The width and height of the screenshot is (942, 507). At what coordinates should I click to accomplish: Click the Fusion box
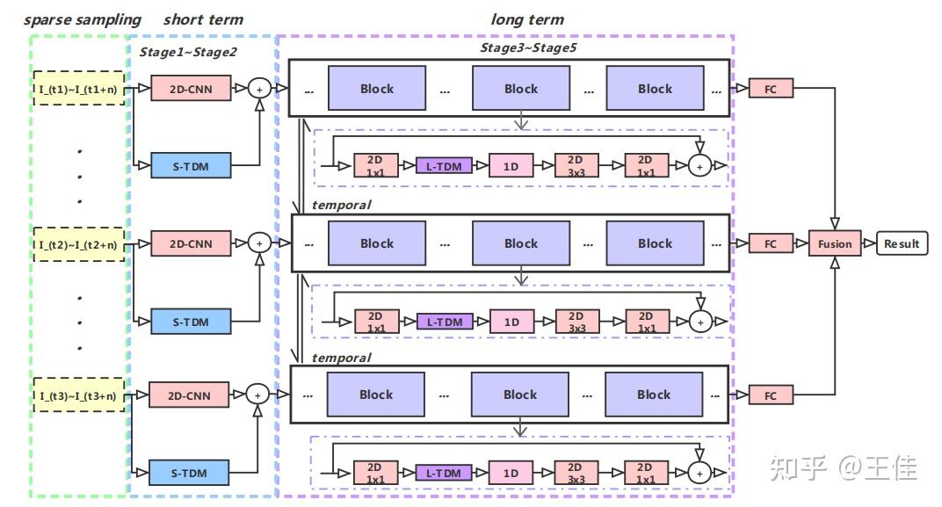834,243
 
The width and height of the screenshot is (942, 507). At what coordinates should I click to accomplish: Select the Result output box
901,243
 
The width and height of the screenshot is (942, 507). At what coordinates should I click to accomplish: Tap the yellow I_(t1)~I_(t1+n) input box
80,88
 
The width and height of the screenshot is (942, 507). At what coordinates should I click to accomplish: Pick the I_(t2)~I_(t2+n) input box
80,243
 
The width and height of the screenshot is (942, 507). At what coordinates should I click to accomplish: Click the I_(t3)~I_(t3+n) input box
80,395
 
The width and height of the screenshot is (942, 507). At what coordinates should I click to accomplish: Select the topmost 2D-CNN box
191,88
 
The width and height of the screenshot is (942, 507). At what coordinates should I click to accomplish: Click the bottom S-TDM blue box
191,473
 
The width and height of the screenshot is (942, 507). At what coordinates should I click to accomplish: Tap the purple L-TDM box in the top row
444,165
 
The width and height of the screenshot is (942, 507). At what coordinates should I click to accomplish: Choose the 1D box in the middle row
511,322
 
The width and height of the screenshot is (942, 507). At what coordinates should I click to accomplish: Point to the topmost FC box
770,88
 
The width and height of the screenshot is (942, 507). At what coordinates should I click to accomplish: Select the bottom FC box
770,395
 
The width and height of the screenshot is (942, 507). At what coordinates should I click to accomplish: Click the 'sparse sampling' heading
83,19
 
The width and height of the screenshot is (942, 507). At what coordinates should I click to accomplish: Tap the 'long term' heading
527,19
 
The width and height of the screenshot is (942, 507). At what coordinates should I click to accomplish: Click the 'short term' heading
203,19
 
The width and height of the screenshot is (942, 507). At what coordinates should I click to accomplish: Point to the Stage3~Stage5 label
528,47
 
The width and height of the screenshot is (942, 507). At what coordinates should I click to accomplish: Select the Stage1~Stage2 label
188,52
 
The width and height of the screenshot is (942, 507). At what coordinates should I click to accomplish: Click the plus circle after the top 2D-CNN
258,88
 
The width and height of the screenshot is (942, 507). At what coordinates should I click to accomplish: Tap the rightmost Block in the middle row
655,243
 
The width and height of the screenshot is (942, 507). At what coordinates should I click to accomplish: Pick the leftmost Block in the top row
376,88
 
